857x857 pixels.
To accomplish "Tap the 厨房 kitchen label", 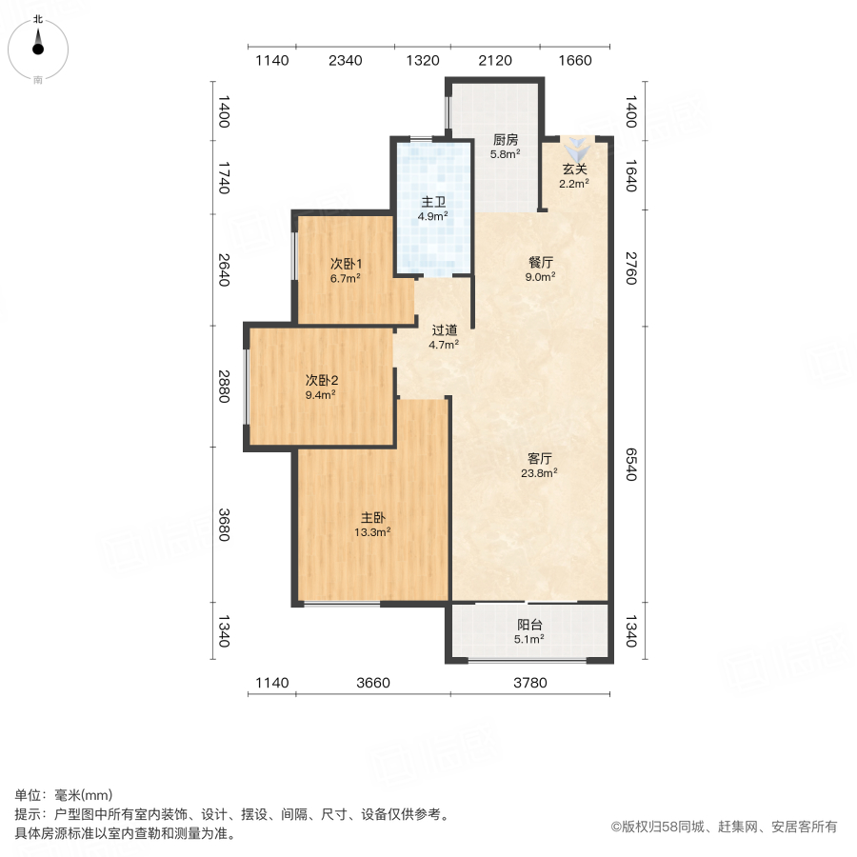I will coord(505,138).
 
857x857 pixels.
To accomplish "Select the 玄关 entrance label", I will coord(574,169).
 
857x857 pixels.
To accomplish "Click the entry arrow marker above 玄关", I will coord(577,149).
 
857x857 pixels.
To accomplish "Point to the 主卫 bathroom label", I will coord(434,202).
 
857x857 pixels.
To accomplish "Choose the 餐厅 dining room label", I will coord(542,262).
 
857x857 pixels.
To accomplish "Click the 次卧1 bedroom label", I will coord(345,264).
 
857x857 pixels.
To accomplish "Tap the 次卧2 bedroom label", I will coord(321,379).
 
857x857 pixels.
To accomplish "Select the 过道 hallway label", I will coord(445,329).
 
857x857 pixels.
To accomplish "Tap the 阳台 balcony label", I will coord(530,625).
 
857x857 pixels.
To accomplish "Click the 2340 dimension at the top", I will coord(345,61).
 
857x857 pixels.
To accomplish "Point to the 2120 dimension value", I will coord(495,61).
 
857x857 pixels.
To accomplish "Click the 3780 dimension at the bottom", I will coord(530,683).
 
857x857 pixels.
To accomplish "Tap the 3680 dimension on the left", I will coord(224,525).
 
